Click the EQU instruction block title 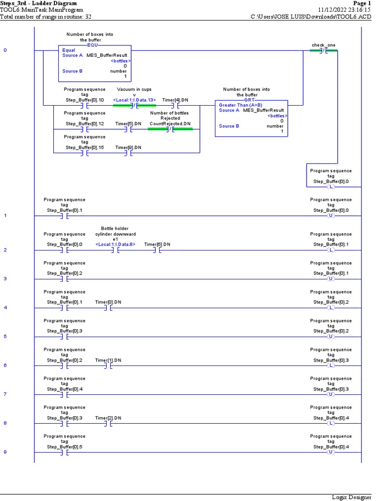(x=93, y=45)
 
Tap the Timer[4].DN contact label (x=175, y=100)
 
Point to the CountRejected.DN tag (x=170, y=123)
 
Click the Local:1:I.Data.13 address (x=134, y=100)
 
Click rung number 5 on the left (x=5, y=337)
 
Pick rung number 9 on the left (x=5, y=452)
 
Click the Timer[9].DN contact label (x=128, y=147)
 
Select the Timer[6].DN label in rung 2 (x=157, y=244)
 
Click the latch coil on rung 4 (x=330, y=308)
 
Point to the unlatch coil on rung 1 (x=330, y=216)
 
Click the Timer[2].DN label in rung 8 (x=108, y=417)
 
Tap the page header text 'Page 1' (x=362, y=3)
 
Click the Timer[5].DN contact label (x=128, y=123)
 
